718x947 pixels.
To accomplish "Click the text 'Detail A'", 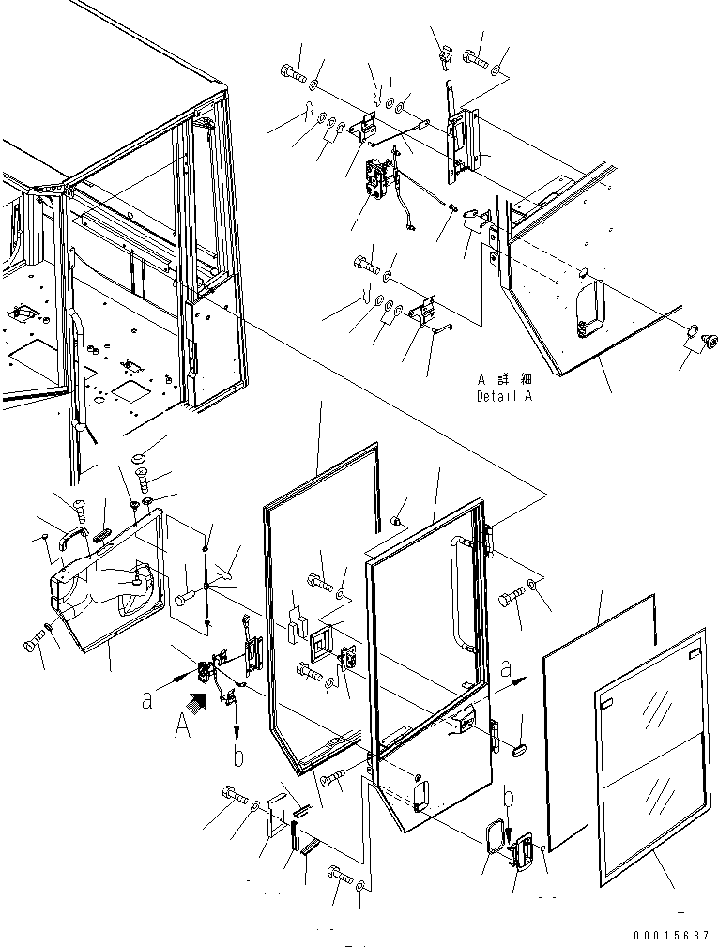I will tap(504, 396).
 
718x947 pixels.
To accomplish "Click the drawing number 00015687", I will tap(669, 935).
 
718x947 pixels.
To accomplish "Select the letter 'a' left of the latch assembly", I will tap(147, 699).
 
